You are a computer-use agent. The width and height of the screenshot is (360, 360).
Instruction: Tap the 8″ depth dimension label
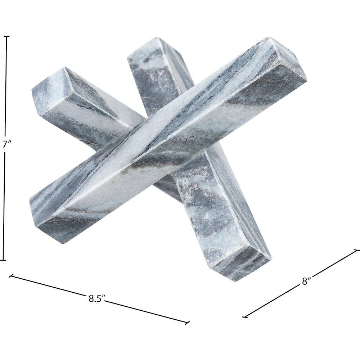(306, 281)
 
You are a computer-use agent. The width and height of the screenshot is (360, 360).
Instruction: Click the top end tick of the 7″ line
(6, 36)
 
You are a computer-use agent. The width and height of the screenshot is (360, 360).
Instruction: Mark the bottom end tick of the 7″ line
(3, 260)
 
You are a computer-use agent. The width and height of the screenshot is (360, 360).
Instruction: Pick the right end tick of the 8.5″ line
(187, 323)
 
